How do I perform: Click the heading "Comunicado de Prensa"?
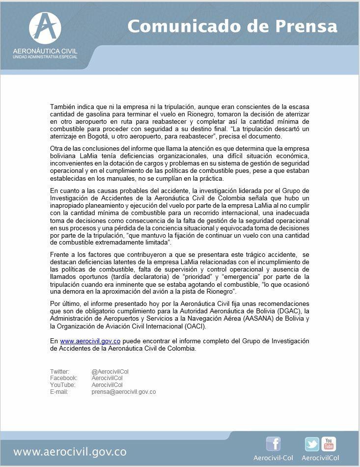(232, 26)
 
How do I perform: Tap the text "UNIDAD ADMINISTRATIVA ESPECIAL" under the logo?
(45, 57)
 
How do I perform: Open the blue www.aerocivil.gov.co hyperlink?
(90, 341)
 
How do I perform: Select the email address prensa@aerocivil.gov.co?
(123, 392)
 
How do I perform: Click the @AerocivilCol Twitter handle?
(110, 372)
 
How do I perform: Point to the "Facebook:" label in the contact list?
(63, 378)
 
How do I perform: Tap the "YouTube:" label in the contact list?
(62, 385)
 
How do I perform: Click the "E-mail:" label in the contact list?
(59, 392)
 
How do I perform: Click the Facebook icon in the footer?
(273, 443)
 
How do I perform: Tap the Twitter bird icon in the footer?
(311, 444)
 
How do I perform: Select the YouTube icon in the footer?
(328, 443)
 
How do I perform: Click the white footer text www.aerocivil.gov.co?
(70, 452)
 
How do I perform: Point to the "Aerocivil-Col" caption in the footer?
(273, 458)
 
